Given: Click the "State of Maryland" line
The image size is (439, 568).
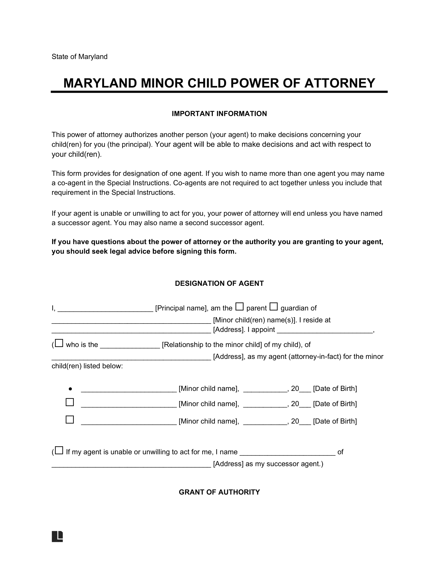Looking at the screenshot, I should click(x=79, y=57).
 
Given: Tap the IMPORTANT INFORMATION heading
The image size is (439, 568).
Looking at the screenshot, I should click(x=219, y=114).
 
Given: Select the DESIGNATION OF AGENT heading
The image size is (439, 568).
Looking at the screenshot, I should click(x=219, y=283).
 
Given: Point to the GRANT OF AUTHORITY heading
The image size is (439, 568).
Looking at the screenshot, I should click(x=219, y=492).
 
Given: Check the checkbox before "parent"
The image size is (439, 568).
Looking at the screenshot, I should click(x=239, y=307).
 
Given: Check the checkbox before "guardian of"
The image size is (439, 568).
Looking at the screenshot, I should click(x=273, y=307).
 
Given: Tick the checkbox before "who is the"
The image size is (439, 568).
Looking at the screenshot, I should click(x=59, y=343).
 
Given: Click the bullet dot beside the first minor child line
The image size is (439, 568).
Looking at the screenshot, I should click(x=70, y=389).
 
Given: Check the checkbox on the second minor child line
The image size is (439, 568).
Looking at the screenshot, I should click(x=70, y=402).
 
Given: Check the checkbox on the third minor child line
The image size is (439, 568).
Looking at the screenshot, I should click(x=70, y=420).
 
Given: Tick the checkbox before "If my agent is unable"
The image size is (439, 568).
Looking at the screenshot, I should click(x=59, y=451).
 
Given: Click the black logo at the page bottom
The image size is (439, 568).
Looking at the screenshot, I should click(x=58, y=536).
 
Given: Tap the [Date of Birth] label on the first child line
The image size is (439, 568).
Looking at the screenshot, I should click(x=335, y=389).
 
